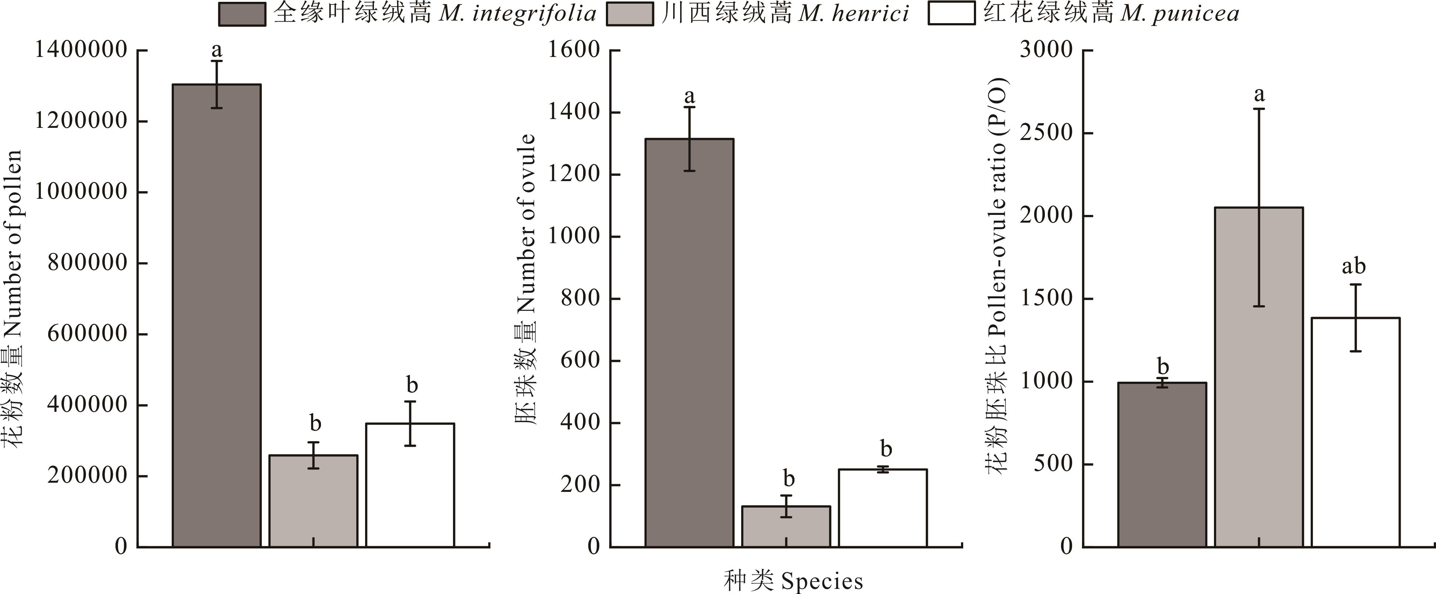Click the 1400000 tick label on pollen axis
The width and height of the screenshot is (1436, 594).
81,50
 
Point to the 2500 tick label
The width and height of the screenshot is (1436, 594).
1046,133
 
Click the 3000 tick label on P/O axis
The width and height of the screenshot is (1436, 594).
1046,50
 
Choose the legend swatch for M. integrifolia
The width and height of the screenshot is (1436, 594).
242,14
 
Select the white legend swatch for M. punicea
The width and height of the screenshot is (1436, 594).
951,14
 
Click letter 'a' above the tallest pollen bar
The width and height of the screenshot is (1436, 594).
216,51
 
